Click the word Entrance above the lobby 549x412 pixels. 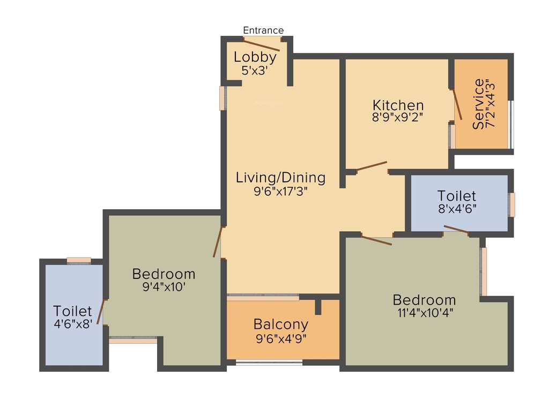click(x=263, y=31)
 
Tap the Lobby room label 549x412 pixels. click(x=255, y=57)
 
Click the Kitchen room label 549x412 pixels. click(x=398, y=105)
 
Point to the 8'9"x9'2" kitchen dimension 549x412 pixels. click(x=398, y=117)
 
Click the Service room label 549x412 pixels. click(x=478, y=104)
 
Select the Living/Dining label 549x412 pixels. click(x=280, y=178)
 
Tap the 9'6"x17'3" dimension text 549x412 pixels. click(x=280, y=191)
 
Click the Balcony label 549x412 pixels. click(x=281, y=325)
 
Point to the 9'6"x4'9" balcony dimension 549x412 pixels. click(x=281, y=339)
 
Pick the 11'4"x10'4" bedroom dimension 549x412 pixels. click(x=424, y=313)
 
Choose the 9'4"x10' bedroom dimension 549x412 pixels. click(x=164, y=287)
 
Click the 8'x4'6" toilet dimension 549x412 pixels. click(x=457, y=209)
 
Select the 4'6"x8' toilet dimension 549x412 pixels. click(x=73, y=324)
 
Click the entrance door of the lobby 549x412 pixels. click(x=262, y=45)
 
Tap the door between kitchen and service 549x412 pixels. click(x=457, y=105)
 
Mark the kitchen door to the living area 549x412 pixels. click(x=372, y=166)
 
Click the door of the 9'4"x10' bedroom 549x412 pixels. click(x=217, y=242)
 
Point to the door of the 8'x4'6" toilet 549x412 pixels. click(x=456, y=230)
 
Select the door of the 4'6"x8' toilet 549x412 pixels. click(x=101, y=312)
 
